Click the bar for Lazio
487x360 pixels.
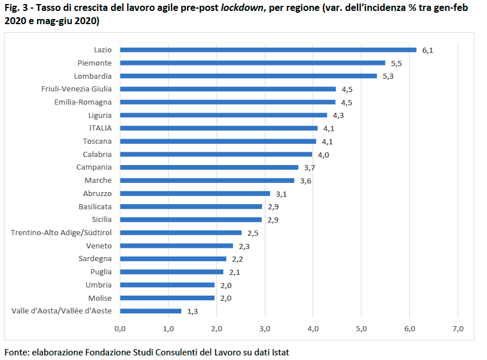coord(268,50)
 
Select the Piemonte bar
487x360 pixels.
coord(253,63)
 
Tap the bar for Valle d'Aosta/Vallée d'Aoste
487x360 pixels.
coord(151,311)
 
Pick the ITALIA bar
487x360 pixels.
coord(219,128)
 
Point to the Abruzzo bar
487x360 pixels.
coord(195,193)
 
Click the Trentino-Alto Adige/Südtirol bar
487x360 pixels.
coord(181,233)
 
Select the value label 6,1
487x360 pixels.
coord(428,50)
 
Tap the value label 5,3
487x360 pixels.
coord(388,76)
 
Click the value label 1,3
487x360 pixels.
coord(193,311)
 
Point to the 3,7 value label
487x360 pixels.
coord(309,168)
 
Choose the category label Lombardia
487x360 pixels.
coord(93,76)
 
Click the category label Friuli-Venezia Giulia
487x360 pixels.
coord(77,89)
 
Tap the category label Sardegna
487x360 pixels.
coord(95,259)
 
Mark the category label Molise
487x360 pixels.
coord(100,298)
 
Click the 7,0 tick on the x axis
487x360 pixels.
coord(458,329)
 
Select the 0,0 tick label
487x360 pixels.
coord(120,329)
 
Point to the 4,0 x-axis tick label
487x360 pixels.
coord(313,329)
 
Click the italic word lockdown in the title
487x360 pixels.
coord(242,7)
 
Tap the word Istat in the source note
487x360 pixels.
coord(280,353)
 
